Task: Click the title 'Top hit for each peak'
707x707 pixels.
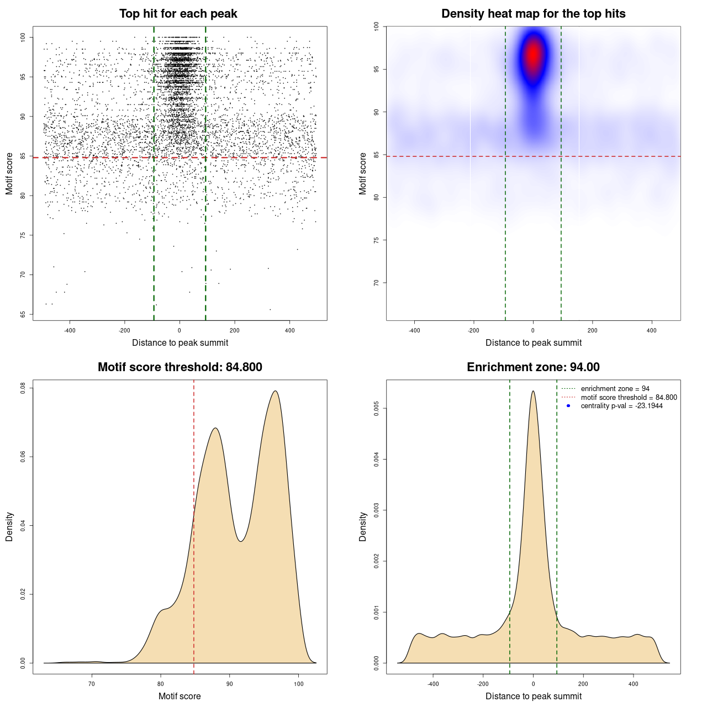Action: tap(178, 14)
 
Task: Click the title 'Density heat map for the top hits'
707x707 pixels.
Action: tap(533, 14)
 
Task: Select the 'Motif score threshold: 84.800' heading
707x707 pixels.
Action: tap(180, 367)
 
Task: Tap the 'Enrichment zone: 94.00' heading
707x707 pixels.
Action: tap(533, 367)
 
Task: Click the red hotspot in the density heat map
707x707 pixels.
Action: tap(533, 55)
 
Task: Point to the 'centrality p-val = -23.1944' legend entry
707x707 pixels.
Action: tap(621, 406)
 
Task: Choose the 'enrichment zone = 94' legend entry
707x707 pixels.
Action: tap(615, 389)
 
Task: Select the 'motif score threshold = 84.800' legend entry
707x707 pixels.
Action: tap(629, 398)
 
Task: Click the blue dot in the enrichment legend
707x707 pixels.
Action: tap(568, 406)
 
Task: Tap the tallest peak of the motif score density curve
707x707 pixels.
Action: tap(275, 391)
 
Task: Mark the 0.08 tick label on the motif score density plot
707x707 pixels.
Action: tap(23, 388)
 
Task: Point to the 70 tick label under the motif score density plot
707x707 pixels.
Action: tap(92, 684)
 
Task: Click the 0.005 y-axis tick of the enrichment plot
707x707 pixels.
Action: tap(377, 409)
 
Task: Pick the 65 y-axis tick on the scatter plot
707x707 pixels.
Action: tap(23, 314)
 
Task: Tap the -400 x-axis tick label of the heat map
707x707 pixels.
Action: tap(414, 330)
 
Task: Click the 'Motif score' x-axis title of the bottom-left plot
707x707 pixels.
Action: tap(180, 696)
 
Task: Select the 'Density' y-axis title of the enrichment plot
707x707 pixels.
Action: tap(363, 526)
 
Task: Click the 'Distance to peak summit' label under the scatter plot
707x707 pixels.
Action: tap(180, 343)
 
